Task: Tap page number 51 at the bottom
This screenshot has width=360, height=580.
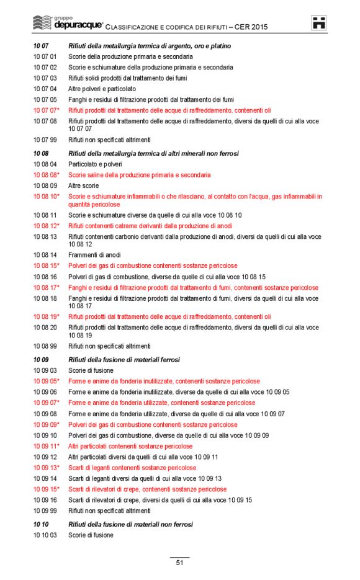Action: [179, 563]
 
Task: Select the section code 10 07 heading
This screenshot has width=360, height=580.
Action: [41, 47]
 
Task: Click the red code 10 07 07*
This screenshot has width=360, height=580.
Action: [46, 110]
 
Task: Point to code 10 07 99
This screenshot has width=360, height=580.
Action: [45, 140]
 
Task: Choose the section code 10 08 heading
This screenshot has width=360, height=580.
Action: [41, 153]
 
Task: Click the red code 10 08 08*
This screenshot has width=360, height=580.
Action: [46, 175]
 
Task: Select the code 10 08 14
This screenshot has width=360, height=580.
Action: [45, 255]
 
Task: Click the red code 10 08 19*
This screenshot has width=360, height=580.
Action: [46, 316]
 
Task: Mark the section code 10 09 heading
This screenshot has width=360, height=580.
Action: [41, 360]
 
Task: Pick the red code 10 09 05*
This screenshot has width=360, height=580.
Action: [46, 381]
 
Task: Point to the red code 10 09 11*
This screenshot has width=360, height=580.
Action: [46, 446]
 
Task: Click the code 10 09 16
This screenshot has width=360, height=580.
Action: [45, 500]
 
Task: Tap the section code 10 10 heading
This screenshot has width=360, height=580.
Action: [41, 524]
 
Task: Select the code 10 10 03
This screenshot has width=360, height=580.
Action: [45, 535]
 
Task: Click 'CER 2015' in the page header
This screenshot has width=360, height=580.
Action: [252, 27]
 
